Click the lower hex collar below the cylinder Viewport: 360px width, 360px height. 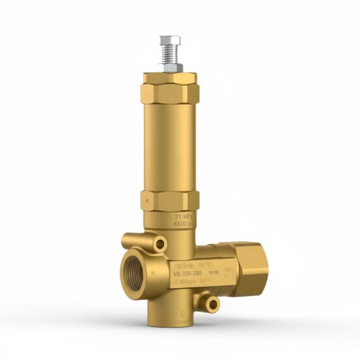170,199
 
